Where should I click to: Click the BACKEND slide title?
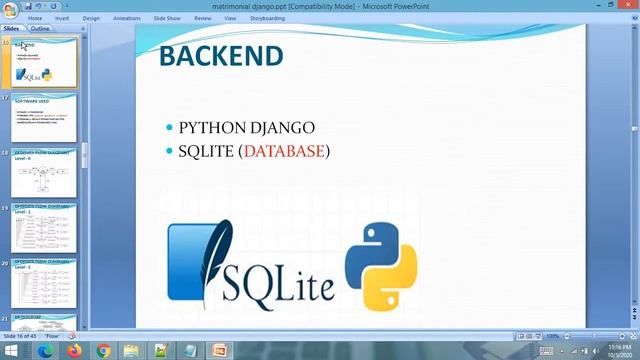point(220,55)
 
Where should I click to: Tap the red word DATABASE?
point(284,151)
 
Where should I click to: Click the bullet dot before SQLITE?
point(169,152)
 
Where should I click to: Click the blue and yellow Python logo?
point(380,265)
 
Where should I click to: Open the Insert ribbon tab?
point(63,18)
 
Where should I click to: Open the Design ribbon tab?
point(91,18)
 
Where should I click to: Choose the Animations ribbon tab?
point(127,18)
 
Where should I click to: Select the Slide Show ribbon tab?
point(166,18)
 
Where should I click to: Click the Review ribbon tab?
point(203,18)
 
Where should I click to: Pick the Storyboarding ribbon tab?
point(268,18)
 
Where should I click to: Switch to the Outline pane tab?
point(40,29)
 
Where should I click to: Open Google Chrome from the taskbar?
point(103,351)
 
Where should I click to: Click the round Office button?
point(9,8)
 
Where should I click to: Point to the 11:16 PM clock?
point(616,347)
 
